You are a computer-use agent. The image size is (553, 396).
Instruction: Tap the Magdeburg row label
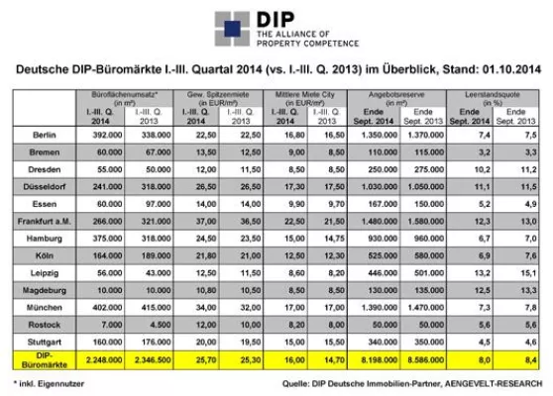coord(39,289)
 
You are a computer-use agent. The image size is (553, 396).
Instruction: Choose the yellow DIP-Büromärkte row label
coord(39,357)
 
